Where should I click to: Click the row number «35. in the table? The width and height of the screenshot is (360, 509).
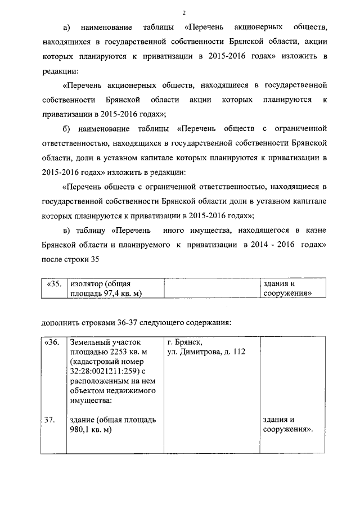point(53,284)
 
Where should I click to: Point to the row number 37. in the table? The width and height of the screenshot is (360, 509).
point(49,420)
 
